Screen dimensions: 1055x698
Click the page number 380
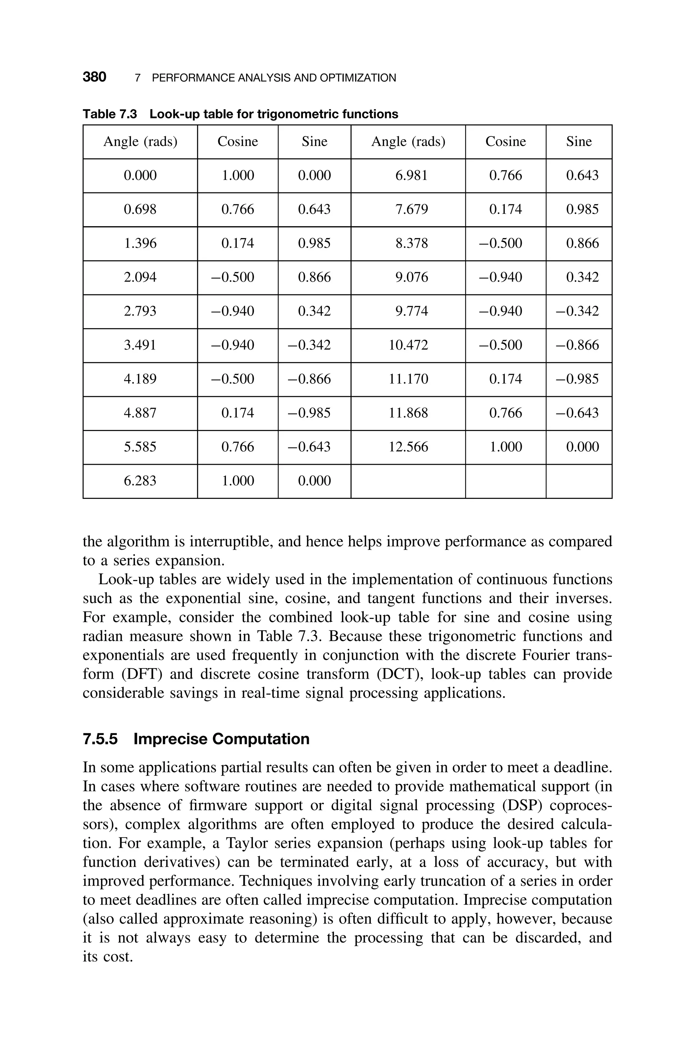(94, 77)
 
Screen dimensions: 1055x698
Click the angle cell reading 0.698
(140, 209)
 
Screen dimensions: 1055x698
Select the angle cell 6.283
(140, 481)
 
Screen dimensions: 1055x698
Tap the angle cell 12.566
(408, 447)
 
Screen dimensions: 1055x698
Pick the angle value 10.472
(408, 345)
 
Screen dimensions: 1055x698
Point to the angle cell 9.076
(411, 277)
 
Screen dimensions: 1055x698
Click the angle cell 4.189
(140, 379)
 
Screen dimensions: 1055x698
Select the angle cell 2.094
(140, 277)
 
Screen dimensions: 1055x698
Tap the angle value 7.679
(411, 209)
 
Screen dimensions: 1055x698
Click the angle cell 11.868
(408, 413)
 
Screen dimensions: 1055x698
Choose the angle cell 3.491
(140, 345)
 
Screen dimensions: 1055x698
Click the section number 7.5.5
(100, 739)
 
